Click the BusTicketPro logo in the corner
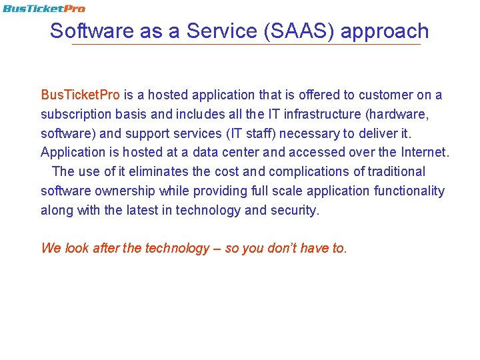[43, 9]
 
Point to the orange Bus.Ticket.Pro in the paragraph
[80, 95]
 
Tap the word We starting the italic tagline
[51, 249]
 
